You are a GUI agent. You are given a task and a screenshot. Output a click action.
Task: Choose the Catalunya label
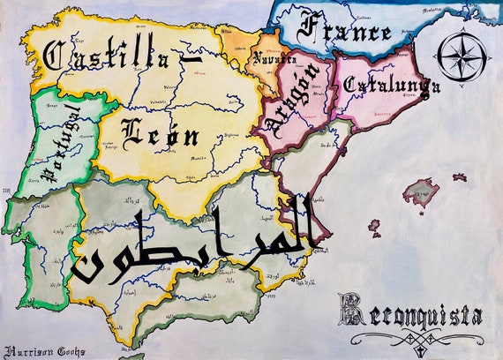pyautogui.click(x=392, y=86)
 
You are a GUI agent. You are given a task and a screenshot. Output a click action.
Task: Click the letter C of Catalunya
pyautogui.click(x=349, y=85)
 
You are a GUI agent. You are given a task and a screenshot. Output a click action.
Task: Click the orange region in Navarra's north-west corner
pyautogui.click(x=234, y=40)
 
